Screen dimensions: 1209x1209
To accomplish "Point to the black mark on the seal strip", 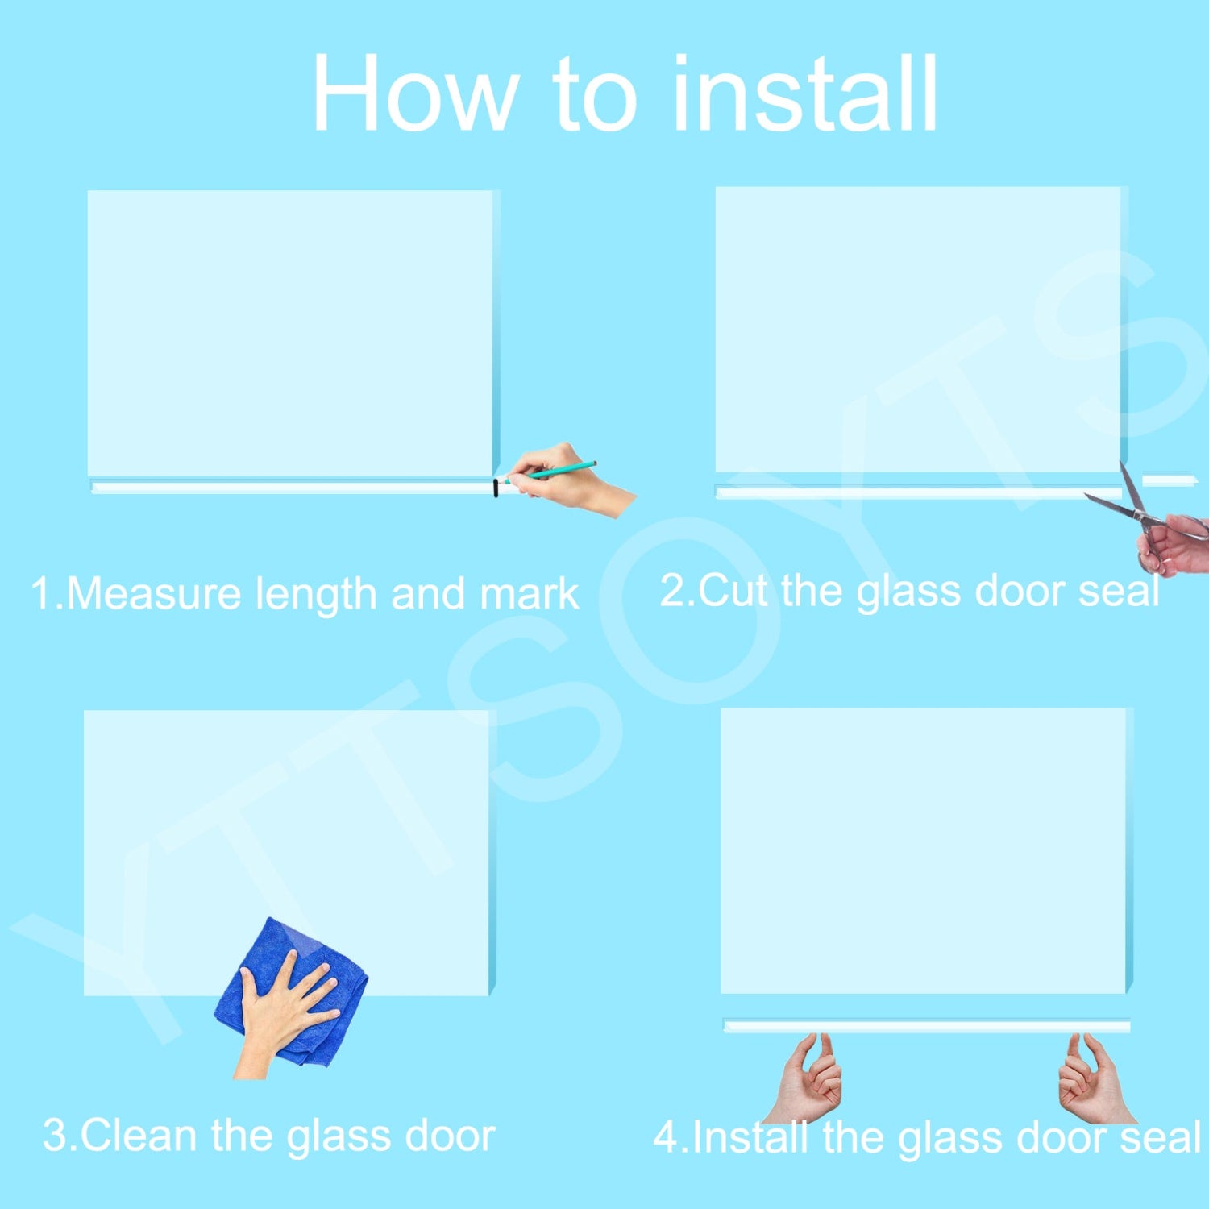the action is coord(496,488).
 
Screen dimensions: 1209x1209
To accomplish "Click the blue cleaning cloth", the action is coord(290,991).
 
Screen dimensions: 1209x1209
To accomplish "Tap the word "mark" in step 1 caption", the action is coord(529,594).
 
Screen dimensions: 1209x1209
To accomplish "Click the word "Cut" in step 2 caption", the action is coord(733,591).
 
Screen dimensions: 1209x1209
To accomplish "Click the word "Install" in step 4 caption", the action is coord(750,1137).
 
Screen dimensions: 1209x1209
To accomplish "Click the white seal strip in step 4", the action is coord(927,1026).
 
